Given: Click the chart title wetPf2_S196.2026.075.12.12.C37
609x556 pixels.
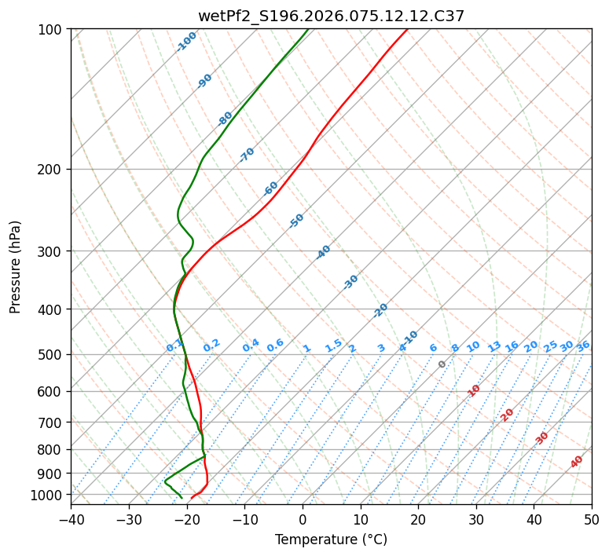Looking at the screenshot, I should [331, 16].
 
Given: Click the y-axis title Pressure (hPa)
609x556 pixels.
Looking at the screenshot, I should [16, 266].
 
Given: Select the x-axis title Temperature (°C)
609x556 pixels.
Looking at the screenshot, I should [331, 540].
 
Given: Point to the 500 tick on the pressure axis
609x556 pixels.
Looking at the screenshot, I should [52, 354].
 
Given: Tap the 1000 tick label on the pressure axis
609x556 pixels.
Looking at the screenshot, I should [49, 495].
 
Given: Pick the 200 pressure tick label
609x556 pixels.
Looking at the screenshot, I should [52, 169].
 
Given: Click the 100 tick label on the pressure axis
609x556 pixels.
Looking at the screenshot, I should [52, 29].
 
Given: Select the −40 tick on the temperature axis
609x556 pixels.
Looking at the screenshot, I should [71, 519].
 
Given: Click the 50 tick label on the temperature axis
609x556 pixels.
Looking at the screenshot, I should [592, 519].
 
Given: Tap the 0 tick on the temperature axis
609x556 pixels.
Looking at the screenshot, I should [303, 519].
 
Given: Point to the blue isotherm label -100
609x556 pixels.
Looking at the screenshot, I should [186, 42].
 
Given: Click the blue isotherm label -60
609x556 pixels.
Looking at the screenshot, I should [271, 188].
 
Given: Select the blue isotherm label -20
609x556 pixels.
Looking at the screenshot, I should [380, 310].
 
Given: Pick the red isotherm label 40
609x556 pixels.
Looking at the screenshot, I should [577, 462].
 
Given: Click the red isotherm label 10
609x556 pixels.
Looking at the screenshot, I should [474, 390].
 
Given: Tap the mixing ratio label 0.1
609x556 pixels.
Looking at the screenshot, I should [174, 346].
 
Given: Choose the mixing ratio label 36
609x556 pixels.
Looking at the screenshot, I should [583, 346].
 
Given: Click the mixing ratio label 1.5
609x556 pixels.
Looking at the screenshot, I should [333, 346].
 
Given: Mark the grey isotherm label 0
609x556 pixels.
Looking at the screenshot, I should [442, 364].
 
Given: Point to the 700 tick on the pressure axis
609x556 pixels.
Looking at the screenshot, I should [52, 422].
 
